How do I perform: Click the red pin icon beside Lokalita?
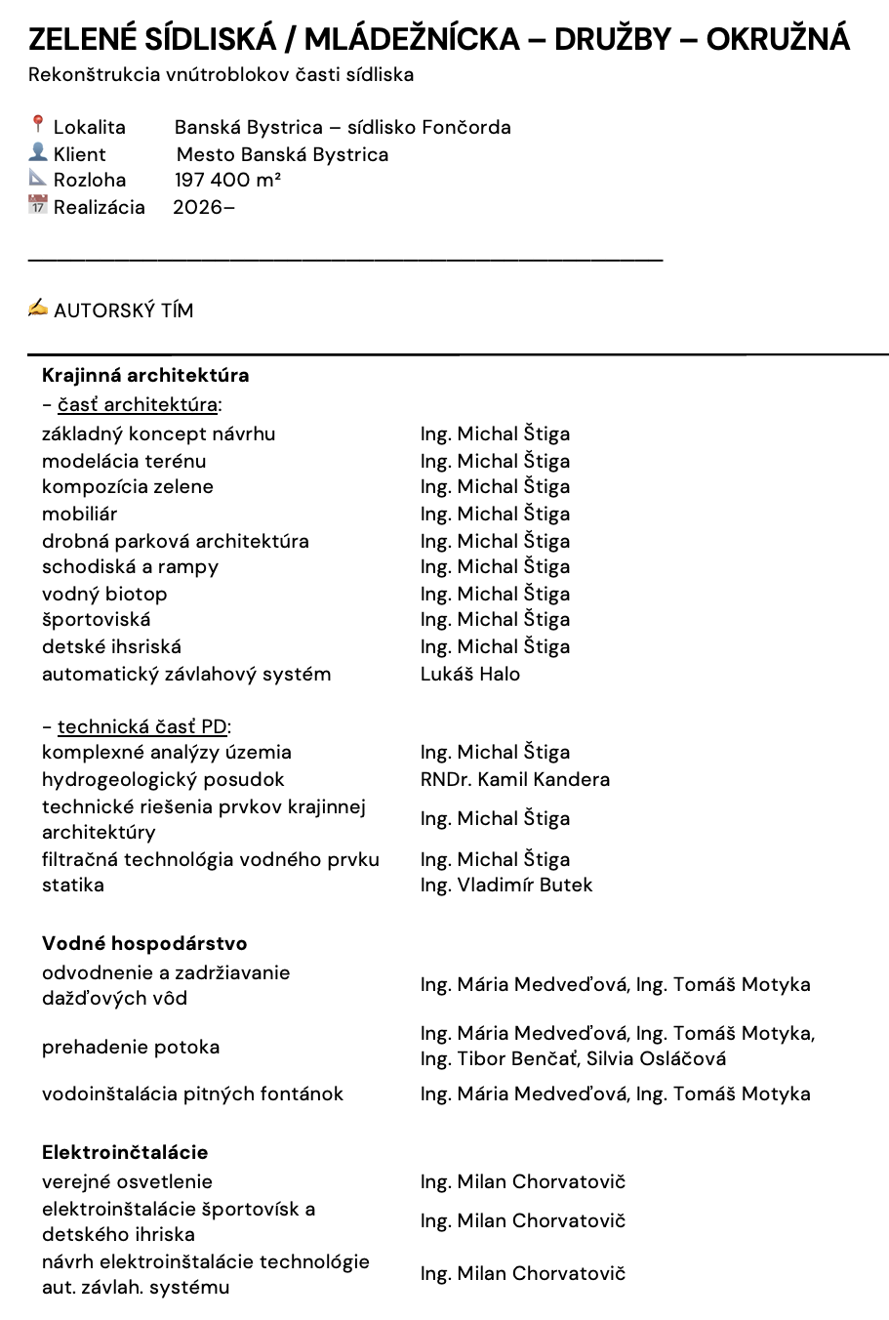38,124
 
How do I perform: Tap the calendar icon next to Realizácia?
38,205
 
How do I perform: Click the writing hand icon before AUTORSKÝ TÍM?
38,309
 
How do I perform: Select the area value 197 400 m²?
228,180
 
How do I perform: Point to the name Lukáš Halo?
470,674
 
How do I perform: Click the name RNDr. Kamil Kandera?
515,779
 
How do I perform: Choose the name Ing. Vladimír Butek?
506,885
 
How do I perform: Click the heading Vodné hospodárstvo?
144,943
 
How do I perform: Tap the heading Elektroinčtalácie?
125,1152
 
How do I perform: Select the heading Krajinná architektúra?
145,375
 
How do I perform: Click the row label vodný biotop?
104,594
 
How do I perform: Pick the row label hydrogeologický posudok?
163,779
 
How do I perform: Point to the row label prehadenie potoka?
131,1047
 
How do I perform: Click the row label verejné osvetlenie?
127,1181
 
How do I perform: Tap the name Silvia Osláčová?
657,1058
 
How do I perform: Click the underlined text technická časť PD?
142,726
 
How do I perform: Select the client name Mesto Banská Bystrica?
282,154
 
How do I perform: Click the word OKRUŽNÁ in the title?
778,39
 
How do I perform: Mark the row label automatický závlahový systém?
186,674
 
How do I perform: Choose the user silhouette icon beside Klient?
38,152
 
